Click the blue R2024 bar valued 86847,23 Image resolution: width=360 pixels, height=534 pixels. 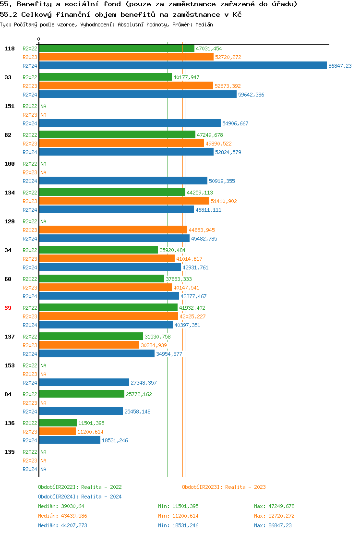182,66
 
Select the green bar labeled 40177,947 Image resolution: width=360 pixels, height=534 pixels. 105,77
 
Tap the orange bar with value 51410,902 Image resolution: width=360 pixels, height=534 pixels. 124,201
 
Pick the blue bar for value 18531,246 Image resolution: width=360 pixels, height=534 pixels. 70,440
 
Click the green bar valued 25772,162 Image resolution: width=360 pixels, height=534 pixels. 82,394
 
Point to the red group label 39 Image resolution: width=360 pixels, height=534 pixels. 8,308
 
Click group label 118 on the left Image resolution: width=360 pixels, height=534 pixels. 10,49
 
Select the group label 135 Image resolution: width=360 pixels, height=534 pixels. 10,452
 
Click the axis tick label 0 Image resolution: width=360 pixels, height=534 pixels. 39,39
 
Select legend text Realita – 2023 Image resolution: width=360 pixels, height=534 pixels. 245,487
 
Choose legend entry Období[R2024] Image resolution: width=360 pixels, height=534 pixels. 59,497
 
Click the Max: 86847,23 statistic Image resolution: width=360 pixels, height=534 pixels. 273,525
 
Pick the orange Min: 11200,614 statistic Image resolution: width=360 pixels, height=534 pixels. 178,516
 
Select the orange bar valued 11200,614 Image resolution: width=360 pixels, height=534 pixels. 57,432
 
